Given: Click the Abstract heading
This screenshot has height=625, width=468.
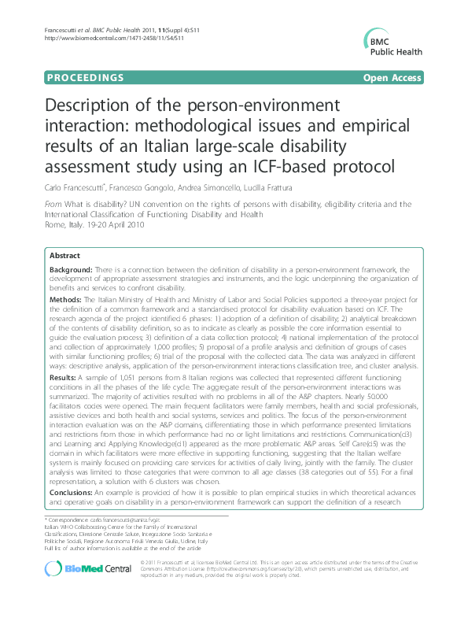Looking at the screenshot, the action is tap(64, 256).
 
